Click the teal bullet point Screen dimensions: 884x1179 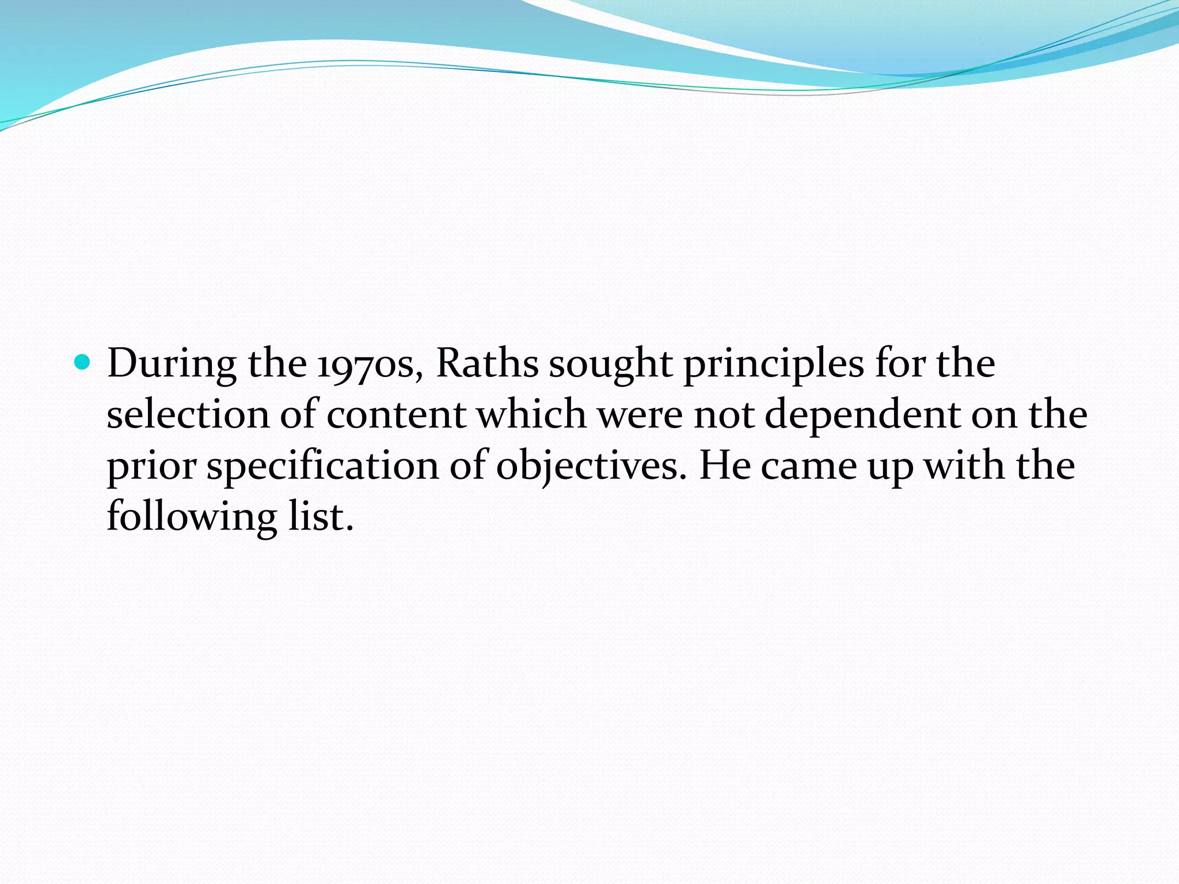83,363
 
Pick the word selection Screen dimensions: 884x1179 188,415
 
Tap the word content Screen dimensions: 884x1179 396,415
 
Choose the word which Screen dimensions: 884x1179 531,415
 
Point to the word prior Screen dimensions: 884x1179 151,467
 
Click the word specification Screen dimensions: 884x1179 323,467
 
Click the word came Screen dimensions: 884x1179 809,467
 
